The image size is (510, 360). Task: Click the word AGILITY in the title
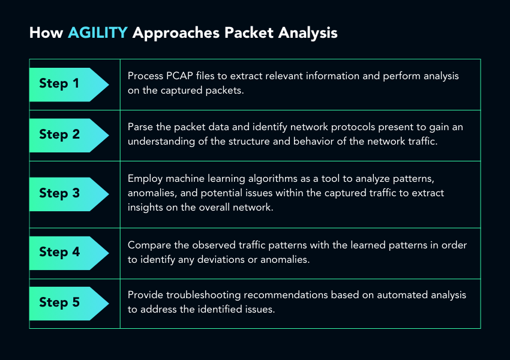click(x=98, y=32)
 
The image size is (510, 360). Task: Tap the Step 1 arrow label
click(x=69, y=85)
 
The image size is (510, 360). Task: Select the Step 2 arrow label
click(x=69, y=135)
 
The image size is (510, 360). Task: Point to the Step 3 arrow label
click(x=69, y=194)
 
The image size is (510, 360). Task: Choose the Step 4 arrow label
click(x=69, y=253)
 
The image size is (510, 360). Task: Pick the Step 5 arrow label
click(x=69, y=304)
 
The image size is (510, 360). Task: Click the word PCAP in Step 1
click(x=179, y=76)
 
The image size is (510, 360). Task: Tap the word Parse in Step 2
click(x=140, y=127)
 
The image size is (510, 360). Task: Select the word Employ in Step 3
click(x=145, y=179)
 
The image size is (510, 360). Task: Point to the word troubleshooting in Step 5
click(x=203, y=295)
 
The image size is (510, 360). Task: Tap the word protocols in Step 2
click(x=353, y=127)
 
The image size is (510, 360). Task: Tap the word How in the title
click(x=46, y=32)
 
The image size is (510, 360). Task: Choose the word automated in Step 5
click(x=402, y=295)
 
